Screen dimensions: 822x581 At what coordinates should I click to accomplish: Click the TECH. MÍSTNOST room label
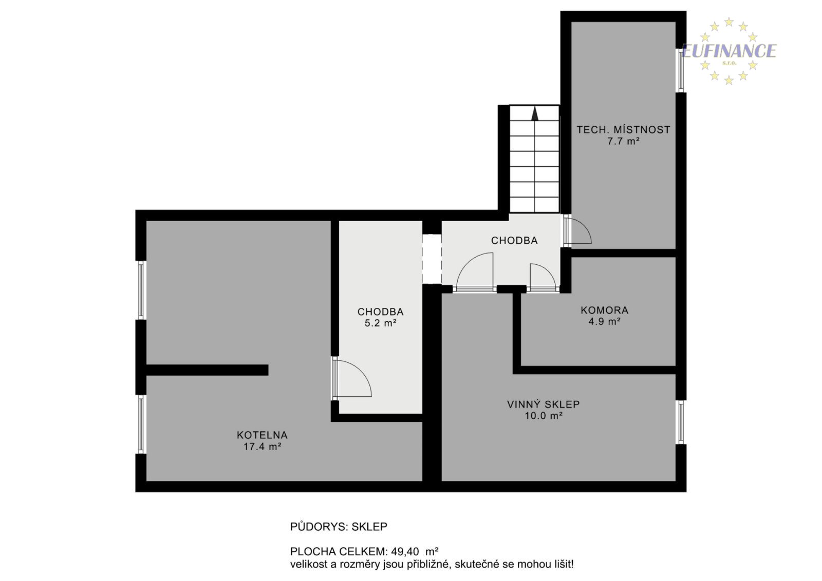pos(623,130)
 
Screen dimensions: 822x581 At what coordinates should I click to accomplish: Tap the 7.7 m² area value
pos(624,141)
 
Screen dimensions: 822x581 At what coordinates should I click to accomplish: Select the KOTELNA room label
pos(262,435)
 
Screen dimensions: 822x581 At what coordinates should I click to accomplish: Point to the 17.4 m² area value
pos(263,447)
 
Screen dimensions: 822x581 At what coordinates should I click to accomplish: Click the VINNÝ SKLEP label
pos(544,404)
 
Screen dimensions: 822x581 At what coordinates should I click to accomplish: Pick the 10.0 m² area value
pos(544,416)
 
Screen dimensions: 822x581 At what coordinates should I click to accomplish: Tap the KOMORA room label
pos(604,310)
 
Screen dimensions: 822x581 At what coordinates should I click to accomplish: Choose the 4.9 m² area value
pos(604,321)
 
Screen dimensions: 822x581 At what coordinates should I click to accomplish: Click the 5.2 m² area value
pos(381,323)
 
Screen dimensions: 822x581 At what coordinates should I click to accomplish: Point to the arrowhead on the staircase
pos(535,113)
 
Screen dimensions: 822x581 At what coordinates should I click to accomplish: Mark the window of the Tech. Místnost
pos(681,70)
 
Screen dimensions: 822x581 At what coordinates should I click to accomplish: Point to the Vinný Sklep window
pos(681,422)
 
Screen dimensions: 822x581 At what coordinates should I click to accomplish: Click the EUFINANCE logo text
pos(729,51)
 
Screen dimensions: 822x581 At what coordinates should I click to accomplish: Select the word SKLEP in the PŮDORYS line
pos(369,527)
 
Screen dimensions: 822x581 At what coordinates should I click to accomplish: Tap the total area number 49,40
pos(405,551)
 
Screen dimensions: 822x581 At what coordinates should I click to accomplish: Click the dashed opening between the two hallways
pos(432,259)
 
